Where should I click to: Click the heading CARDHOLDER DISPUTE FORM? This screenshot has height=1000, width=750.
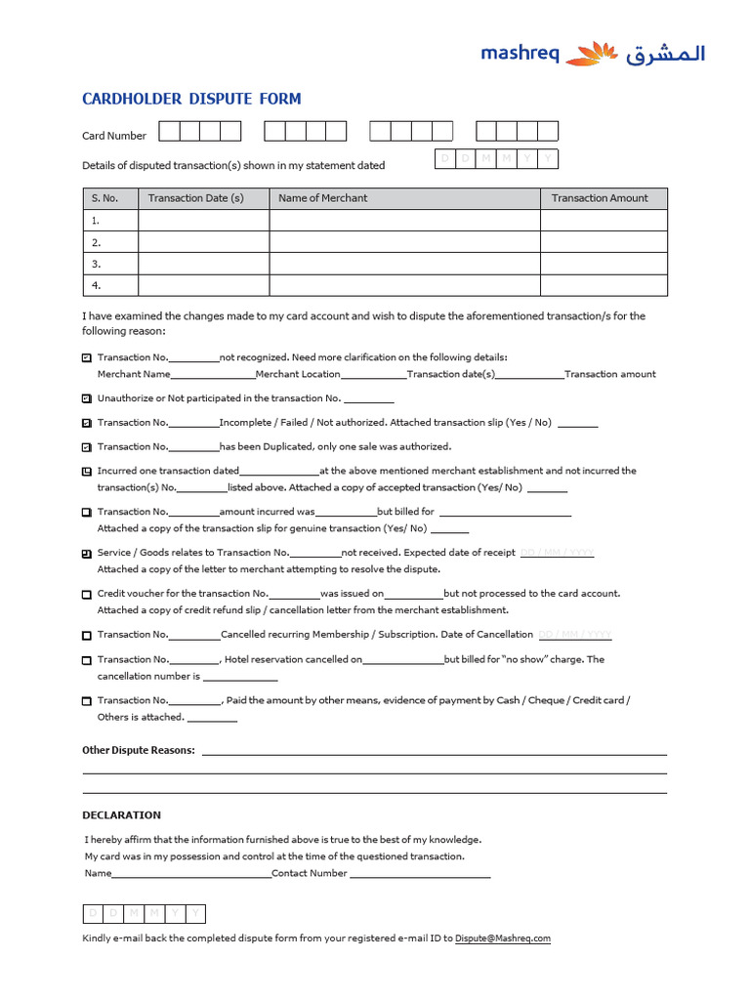coord(191,99)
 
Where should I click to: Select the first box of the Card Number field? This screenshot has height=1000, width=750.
coord(169,131)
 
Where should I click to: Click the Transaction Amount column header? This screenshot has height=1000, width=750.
coord(600,198)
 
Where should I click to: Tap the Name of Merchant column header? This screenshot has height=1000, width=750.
coord(322,198)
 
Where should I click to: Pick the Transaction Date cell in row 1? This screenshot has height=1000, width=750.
coord(203,221)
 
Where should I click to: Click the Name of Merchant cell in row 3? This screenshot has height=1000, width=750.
coord(404,264)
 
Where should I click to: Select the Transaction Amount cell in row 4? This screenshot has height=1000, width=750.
coord(604,285)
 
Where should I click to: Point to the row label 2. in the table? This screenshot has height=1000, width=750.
coord(96,242)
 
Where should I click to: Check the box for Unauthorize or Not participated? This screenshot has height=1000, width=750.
coord(87,398)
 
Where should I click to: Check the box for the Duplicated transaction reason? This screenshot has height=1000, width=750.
coord(87,447)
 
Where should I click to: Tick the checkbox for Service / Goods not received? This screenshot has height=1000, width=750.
coord(87,553)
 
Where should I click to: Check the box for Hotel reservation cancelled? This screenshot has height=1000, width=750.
coord(87,660)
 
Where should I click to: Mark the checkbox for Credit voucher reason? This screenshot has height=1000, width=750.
coord(87,594)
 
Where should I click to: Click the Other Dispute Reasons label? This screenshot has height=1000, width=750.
coord(139,750)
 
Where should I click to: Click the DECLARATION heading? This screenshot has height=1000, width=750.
coord(121,814)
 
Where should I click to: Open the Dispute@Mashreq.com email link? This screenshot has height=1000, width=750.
coord(503,938)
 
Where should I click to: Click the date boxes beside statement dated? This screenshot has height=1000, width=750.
coord(496,159)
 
